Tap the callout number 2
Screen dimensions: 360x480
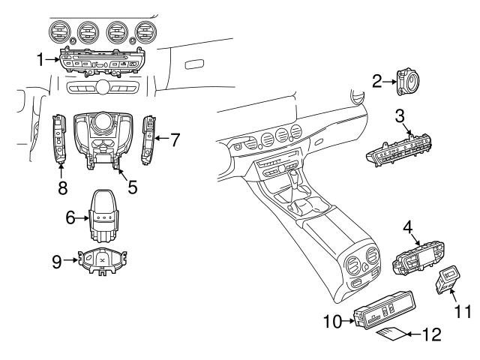378,80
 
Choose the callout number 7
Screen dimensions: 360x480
175,139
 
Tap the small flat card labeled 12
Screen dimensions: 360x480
390,332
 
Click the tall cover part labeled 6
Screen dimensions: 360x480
105,214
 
